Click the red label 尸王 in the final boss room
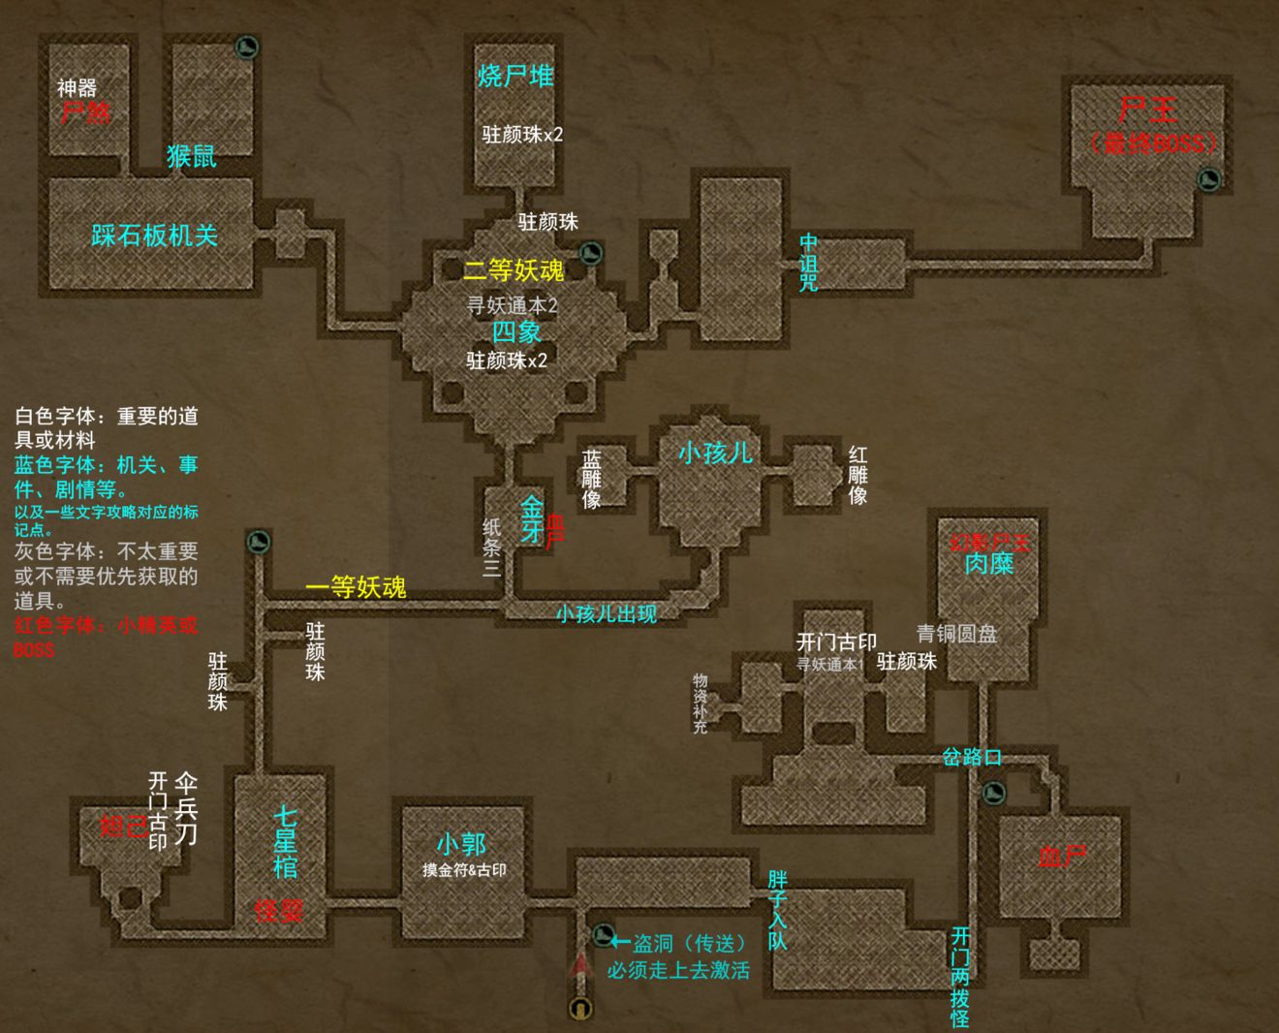1148,110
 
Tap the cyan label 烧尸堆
515,77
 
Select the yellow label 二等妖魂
514,269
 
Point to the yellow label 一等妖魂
356,587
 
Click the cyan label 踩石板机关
155,235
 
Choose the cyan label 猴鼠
192,156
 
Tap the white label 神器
77,88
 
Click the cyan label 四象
516,332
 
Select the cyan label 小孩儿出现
607,613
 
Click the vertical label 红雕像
858,475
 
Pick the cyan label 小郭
461,844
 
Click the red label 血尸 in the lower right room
1062,857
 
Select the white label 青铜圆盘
957,634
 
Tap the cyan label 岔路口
972,757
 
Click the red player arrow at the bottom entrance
581,964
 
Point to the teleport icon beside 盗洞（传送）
605,935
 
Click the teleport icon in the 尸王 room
1208,178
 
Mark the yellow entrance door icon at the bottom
580,1008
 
